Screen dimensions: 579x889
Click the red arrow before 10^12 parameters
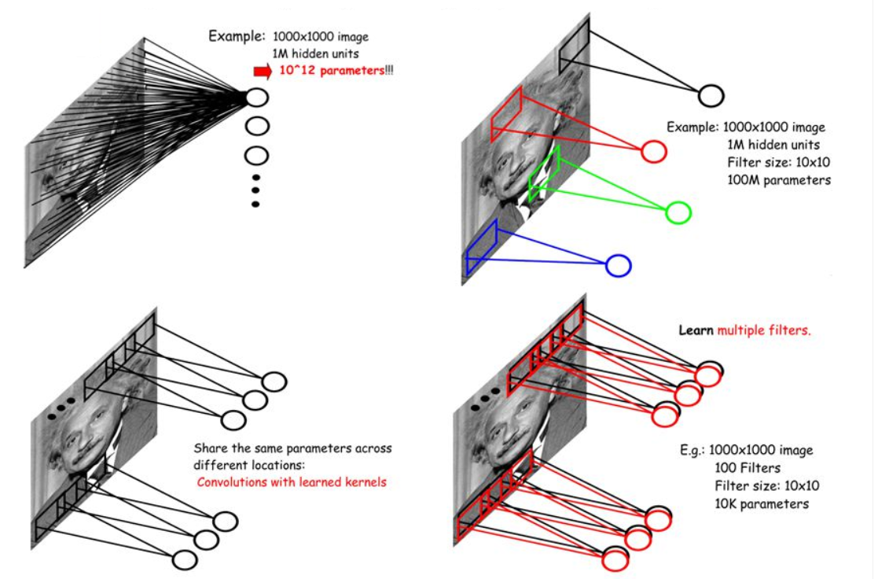tap(263, 72)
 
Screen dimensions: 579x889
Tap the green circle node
tap(678, 212)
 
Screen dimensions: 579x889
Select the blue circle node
tap(619, 266)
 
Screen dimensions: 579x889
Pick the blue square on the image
tap(480, 248)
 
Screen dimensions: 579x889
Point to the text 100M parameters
tap(779, 180)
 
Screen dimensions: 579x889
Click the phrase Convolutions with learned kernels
tap(292, 481)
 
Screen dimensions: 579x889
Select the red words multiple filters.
tap(763, 330)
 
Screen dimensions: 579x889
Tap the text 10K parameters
tap(762, 503)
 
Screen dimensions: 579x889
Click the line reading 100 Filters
tap(747, 468)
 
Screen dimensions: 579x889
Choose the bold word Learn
tap(696, 330)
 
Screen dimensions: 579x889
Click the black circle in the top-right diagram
tap(711, 96)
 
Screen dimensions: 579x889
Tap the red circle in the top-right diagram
tap(654, 151)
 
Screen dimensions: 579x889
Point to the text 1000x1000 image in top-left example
tap(321, 36)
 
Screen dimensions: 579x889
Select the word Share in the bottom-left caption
tap(211, 448)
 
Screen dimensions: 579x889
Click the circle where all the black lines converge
tap(257, 98)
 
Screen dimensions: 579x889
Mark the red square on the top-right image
tap(506, 115)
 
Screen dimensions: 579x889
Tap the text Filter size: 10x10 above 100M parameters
tap(779, 162)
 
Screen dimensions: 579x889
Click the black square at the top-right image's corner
tap(573, 50)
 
